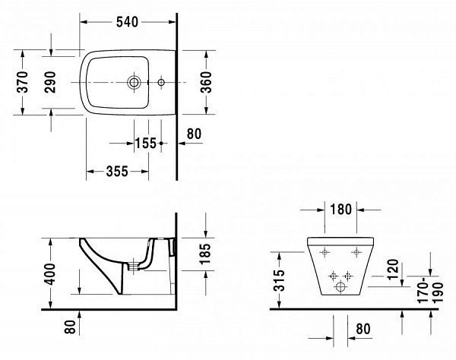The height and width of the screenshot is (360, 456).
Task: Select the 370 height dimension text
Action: pos(22,82)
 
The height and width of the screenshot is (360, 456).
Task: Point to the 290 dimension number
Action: pos(49,82)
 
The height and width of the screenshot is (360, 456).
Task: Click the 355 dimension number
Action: pos(116,172)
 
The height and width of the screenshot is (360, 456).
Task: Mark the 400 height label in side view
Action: pos(49,273)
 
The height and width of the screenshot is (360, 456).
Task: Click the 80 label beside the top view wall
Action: pos(194,134)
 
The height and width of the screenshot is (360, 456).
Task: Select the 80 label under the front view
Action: pos(363,330)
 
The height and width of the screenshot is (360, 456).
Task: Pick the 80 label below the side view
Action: pos(70,327)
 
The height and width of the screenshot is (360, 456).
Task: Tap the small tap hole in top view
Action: pos(160,81)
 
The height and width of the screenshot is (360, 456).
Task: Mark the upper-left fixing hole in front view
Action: pos(325,251)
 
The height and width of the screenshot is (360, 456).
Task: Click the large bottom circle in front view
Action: pos(340,288)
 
